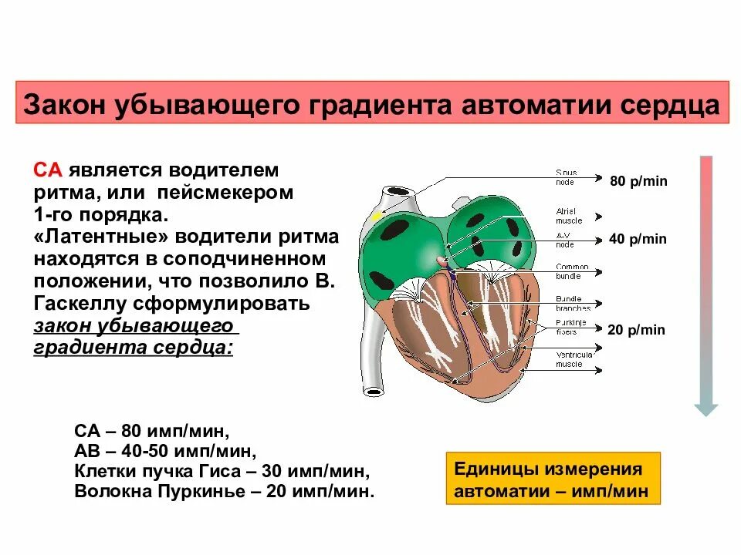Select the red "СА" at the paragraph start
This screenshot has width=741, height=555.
(49, 170)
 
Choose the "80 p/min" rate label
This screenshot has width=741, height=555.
(638, 181)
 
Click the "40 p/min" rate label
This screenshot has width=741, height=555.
(638, 239)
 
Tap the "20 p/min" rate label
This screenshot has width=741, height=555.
(636, 330)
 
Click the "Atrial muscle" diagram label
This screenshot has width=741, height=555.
(570, 215)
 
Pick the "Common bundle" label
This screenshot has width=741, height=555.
(572, 271)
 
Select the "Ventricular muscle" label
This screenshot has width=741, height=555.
(574, 358)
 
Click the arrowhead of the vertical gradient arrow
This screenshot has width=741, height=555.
(705, 409)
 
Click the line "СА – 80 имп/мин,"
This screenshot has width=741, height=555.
(152, 430)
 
